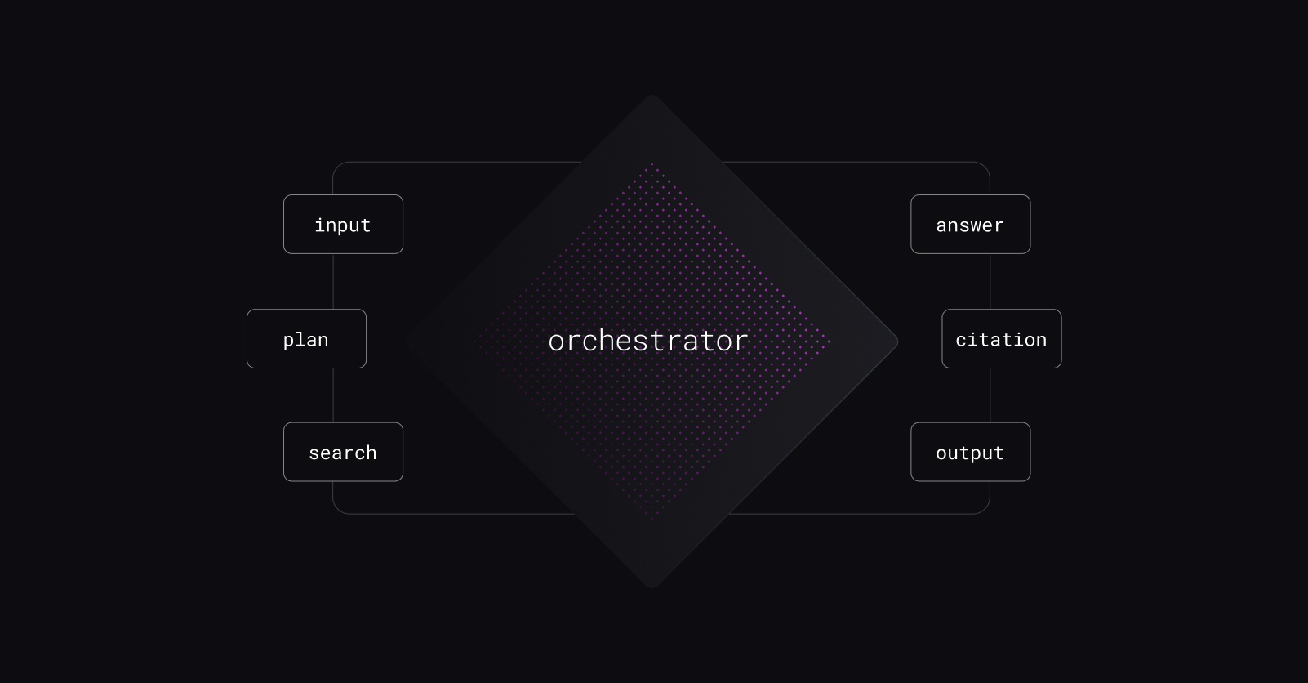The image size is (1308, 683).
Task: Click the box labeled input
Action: (344, 225)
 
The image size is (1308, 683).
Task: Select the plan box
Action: (306, 339)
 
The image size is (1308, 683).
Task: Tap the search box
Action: (344, 453)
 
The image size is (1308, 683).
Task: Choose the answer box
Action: (971, 225)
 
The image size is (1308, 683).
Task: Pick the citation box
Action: (1002, 339)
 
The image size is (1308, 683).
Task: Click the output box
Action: (971, 453)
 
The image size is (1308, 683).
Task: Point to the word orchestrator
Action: (648, 341)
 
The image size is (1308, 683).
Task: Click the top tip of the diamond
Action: (652, 96)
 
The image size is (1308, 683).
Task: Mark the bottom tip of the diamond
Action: (652, 587)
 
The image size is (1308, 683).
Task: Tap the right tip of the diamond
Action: (897, 341)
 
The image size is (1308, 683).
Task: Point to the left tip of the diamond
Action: (406, 341)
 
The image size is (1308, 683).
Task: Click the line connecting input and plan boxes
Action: (333, 282)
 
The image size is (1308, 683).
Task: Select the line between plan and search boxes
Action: (333, 395)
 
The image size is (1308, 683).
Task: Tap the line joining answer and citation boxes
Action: (990, 282)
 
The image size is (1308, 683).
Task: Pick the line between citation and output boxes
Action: (990, 395)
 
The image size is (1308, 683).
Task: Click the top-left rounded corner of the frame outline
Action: (338, 167)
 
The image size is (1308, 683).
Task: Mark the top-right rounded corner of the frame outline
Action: (985, 167)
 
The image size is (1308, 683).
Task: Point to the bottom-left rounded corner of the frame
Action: (338, 509)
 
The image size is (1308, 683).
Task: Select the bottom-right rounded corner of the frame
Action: (985, 509)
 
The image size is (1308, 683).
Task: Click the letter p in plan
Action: (288, 341)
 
